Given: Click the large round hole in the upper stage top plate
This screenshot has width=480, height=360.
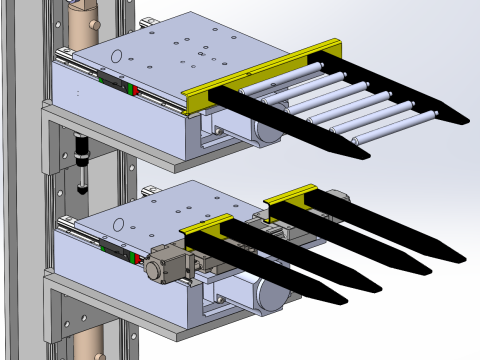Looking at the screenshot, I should click(116, 56).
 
